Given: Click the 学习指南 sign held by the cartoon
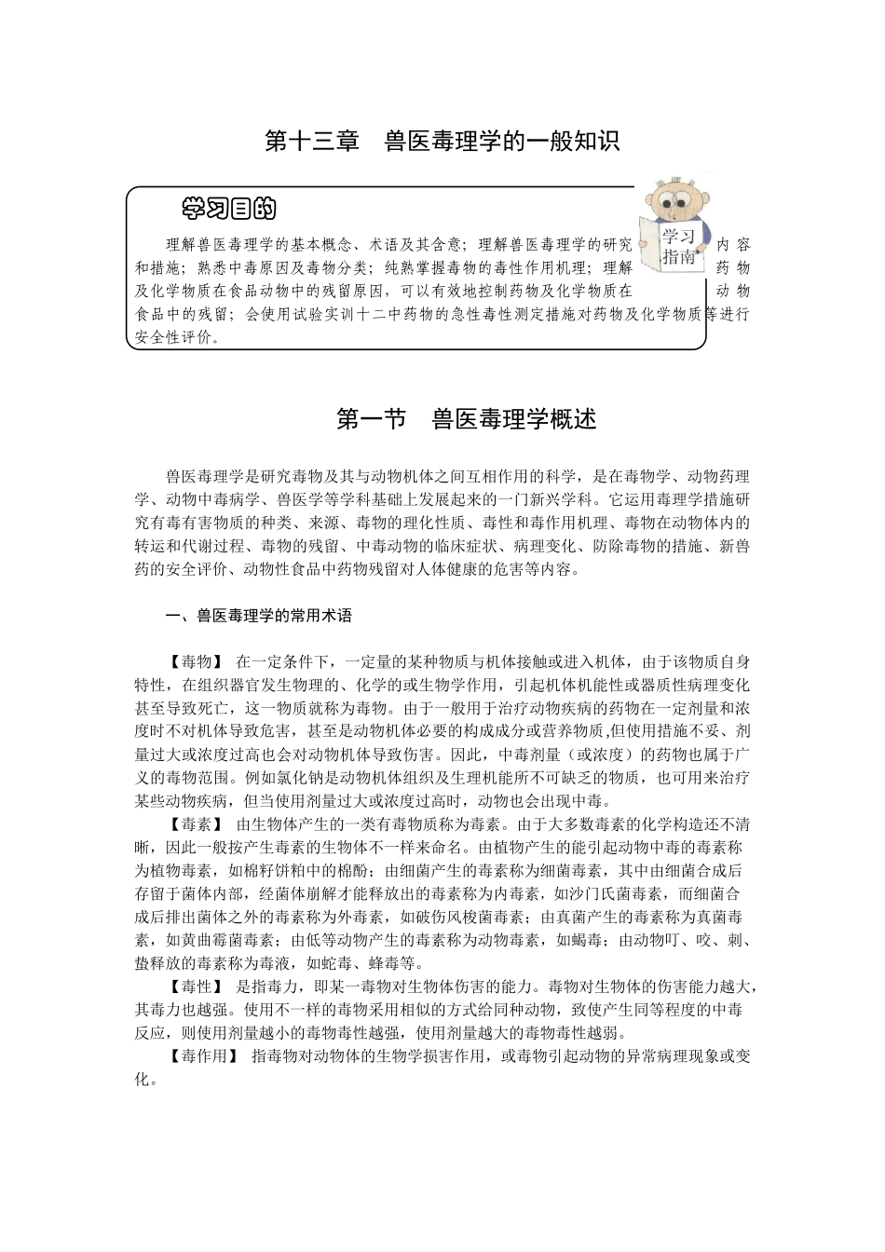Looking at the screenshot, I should point(678,246).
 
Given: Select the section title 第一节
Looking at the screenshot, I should point(372,420).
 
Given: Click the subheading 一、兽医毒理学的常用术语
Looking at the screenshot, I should point(258,616).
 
